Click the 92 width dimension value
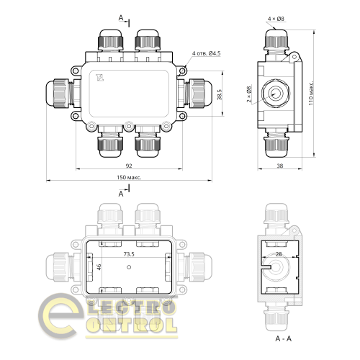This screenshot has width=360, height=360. click(x=127, y=167)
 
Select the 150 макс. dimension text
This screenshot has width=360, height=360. click(x=128, y=178)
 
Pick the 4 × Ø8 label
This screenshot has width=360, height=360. click(x=276, y=17)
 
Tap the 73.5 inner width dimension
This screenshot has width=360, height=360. click(x=129, y=254)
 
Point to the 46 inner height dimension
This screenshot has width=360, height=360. click(x=80, y=268)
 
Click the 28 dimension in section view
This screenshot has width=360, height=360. click(x=278, y=255)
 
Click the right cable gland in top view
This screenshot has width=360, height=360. click(x=196, y=93)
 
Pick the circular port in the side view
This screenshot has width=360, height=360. click(x=277, y=93)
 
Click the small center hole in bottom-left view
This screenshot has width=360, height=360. click(x=128, y=268)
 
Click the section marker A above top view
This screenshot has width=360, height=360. click(x=121, y=17)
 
